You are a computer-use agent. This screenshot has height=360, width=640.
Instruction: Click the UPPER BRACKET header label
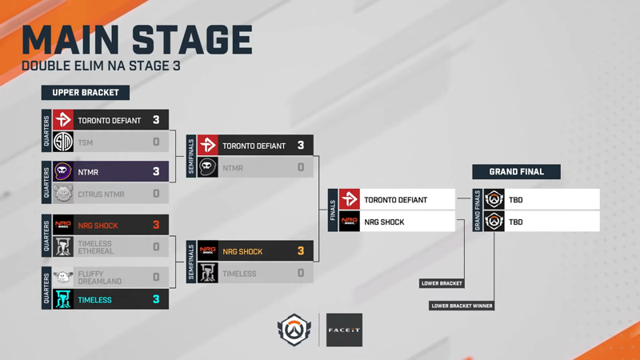click(x=86, y=93)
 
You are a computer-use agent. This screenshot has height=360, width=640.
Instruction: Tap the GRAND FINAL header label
click(x=516, y=172)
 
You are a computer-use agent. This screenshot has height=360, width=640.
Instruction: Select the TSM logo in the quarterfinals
click(x=63, y=142)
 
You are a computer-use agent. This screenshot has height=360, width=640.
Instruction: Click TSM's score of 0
click(x=156, y=142)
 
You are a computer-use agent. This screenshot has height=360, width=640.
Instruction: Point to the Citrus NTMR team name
click(x=101, y=194)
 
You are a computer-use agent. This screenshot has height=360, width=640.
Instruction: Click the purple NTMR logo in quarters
click(x=63, y=171)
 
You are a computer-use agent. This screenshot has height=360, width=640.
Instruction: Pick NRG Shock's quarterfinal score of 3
click(x=156, y=225)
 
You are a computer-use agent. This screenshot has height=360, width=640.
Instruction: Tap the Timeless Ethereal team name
click(x=95, y=247)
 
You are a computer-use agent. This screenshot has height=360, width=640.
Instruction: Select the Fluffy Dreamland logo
click(x=63, y=277)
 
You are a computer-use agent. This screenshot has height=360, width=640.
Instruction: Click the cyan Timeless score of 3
click(x=156, y=299)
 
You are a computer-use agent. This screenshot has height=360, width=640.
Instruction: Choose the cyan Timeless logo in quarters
click(x=63, y=299)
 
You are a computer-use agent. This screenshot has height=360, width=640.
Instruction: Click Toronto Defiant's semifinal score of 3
click(x=301, y=146)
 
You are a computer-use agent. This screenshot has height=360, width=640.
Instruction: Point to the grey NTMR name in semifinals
click(x=233, y=168)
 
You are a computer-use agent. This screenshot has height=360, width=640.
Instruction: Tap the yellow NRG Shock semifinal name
click(x=242, y=251)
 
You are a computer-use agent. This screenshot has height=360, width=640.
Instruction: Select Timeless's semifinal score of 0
click(x=301, y=273)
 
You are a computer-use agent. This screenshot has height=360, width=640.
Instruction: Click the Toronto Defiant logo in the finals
click(x=350, y=199)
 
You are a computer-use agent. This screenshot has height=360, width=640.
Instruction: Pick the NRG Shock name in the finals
click(x=384, y=222)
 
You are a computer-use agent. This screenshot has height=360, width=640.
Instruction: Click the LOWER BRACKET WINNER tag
click(x=462, y=306)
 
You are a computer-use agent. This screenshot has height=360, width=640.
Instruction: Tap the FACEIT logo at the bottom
click(x=344, y=330)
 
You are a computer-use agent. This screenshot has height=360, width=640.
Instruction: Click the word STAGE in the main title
click(x=192, y=39)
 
